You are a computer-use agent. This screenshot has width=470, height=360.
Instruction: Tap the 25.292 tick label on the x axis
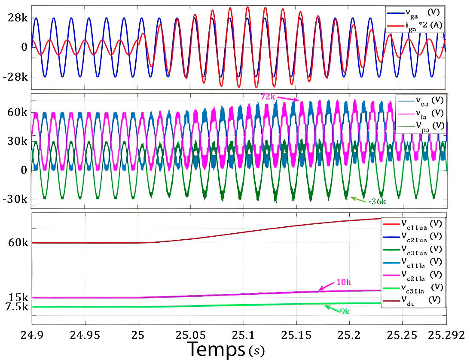(446, 335)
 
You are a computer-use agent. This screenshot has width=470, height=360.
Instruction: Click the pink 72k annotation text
(268, 97)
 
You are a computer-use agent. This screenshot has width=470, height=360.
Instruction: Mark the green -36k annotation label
(376, 201)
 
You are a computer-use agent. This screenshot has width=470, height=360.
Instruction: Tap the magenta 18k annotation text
(343, 282)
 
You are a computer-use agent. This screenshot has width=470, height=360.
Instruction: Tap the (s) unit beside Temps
(257, 351)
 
